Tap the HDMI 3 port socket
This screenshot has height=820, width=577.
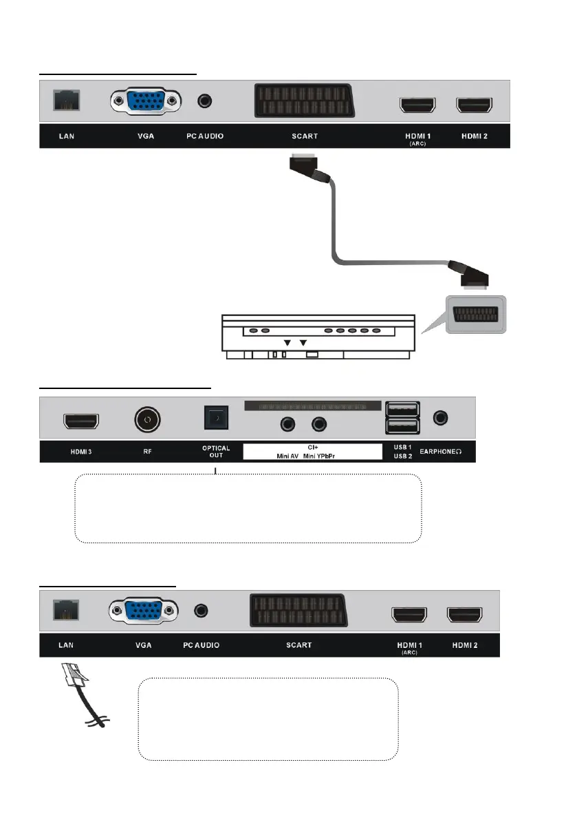point(81,421)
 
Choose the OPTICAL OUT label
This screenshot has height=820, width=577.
point(216,452)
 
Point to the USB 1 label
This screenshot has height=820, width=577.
point(402,448)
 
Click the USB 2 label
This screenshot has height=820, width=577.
point(402,456)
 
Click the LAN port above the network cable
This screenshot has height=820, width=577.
point(67,609)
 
